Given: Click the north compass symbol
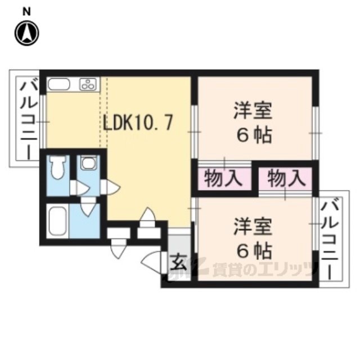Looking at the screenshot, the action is [x=27, y=33].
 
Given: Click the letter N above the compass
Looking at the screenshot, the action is [x=26, y=12].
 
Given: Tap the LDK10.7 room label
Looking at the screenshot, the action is [x=137, y=123].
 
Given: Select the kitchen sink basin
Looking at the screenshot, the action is [x=58, y=84].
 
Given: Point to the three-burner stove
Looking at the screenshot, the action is [x=88, y=84].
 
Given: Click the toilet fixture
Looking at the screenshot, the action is [x=57, y=168].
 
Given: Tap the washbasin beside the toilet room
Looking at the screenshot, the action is [x=88, y=163].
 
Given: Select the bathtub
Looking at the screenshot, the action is [x=57, y=221].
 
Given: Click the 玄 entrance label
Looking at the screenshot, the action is [x=179, y=262].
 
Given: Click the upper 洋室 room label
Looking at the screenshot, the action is [x=253, y=111].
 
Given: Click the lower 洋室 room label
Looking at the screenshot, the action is [x=253, y=227].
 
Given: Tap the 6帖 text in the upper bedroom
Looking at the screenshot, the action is [x=254, y=135].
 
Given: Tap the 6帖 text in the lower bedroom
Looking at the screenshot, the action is [x=254, y=251].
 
